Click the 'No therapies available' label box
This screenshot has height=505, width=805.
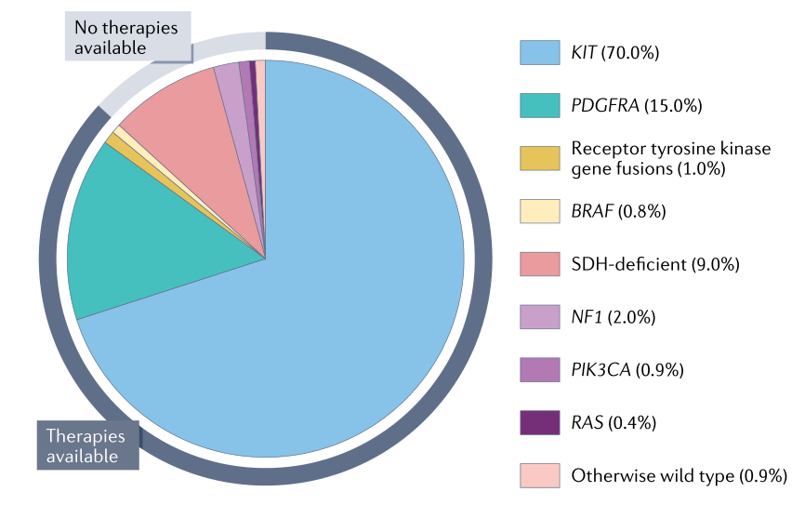126,37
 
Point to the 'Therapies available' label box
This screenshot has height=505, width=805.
87,445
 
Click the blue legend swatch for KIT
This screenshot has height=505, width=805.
539,52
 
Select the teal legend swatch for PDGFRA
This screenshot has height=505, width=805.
539,105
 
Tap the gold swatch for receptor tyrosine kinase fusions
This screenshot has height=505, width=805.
539,158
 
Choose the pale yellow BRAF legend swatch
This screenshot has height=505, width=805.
539,211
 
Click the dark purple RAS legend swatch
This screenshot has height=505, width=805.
539,422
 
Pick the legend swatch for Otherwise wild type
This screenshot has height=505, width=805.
539,475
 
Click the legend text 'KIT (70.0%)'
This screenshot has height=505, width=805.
614,53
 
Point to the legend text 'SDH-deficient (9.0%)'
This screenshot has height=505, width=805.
654,264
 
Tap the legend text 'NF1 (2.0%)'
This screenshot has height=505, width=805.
614,317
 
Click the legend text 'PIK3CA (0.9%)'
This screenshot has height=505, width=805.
627,370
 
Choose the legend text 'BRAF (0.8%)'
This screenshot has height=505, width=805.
618,212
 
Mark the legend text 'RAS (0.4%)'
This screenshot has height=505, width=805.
614,423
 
